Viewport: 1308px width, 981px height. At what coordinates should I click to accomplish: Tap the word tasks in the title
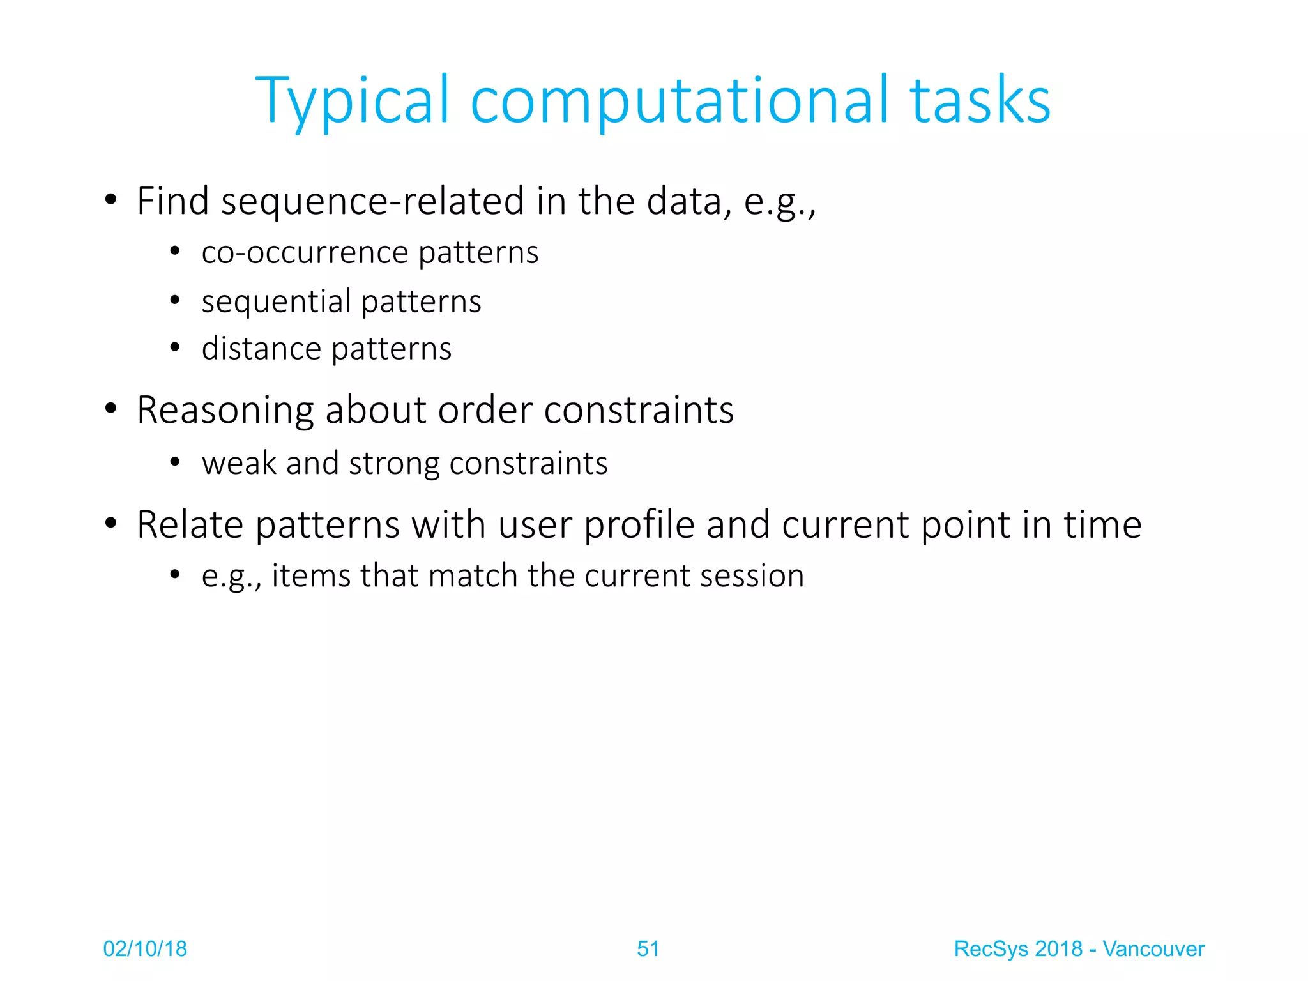980,101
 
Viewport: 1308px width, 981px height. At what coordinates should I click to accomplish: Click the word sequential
276,302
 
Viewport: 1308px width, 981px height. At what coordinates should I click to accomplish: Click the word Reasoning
225,411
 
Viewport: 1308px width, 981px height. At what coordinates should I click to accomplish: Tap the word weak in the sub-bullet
238,463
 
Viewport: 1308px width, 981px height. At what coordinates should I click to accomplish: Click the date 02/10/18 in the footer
145,949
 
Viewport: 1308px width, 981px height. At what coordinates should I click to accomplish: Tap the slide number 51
648,949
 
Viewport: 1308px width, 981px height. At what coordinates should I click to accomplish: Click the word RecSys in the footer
991,950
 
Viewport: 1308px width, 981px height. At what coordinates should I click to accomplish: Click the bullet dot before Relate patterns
111,523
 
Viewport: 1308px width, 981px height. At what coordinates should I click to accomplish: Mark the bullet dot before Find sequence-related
111,200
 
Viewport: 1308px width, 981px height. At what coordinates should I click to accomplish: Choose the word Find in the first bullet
173,202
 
